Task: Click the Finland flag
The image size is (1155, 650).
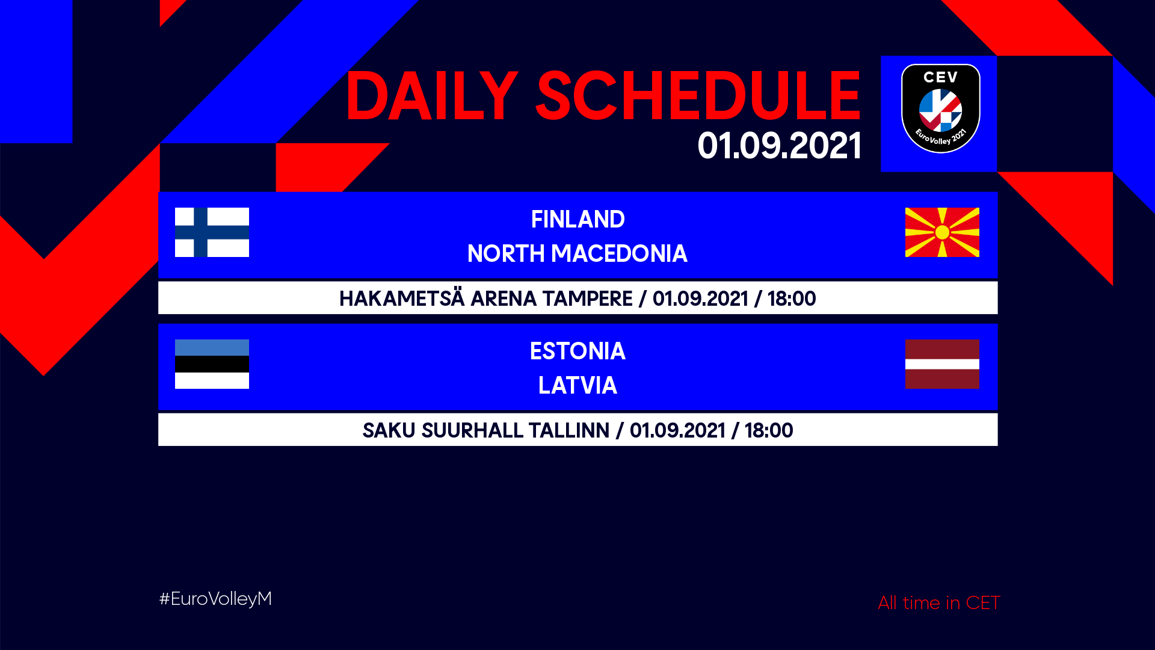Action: pos(212,232)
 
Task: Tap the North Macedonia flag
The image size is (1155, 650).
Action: pos(942,232)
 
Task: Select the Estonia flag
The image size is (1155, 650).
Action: pos(212,364)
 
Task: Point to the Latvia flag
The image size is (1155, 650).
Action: pos(942,364)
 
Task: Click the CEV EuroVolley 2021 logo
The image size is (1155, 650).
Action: pos(941,108)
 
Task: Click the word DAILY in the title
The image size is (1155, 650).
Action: pos(432,96)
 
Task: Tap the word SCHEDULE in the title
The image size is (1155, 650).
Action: pos(698,96)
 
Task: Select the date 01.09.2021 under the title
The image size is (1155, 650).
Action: pos(780,146)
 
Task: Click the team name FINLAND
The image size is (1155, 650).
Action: pos(577,220)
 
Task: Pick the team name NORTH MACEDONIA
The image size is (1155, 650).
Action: pos(577,254)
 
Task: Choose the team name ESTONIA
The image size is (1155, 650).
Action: pos(577,351)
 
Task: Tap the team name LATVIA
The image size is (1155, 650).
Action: pos(577,386)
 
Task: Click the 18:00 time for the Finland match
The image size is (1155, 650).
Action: pos(792,299)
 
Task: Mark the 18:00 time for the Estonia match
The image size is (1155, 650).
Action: pos(769,431)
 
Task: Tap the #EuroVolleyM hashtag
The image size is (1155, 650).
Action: pos(215,599)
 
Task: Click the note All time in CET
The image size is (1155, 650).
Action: pos(939,602)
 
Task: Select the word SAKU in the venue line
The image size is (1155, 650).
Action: pos(389,431)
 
